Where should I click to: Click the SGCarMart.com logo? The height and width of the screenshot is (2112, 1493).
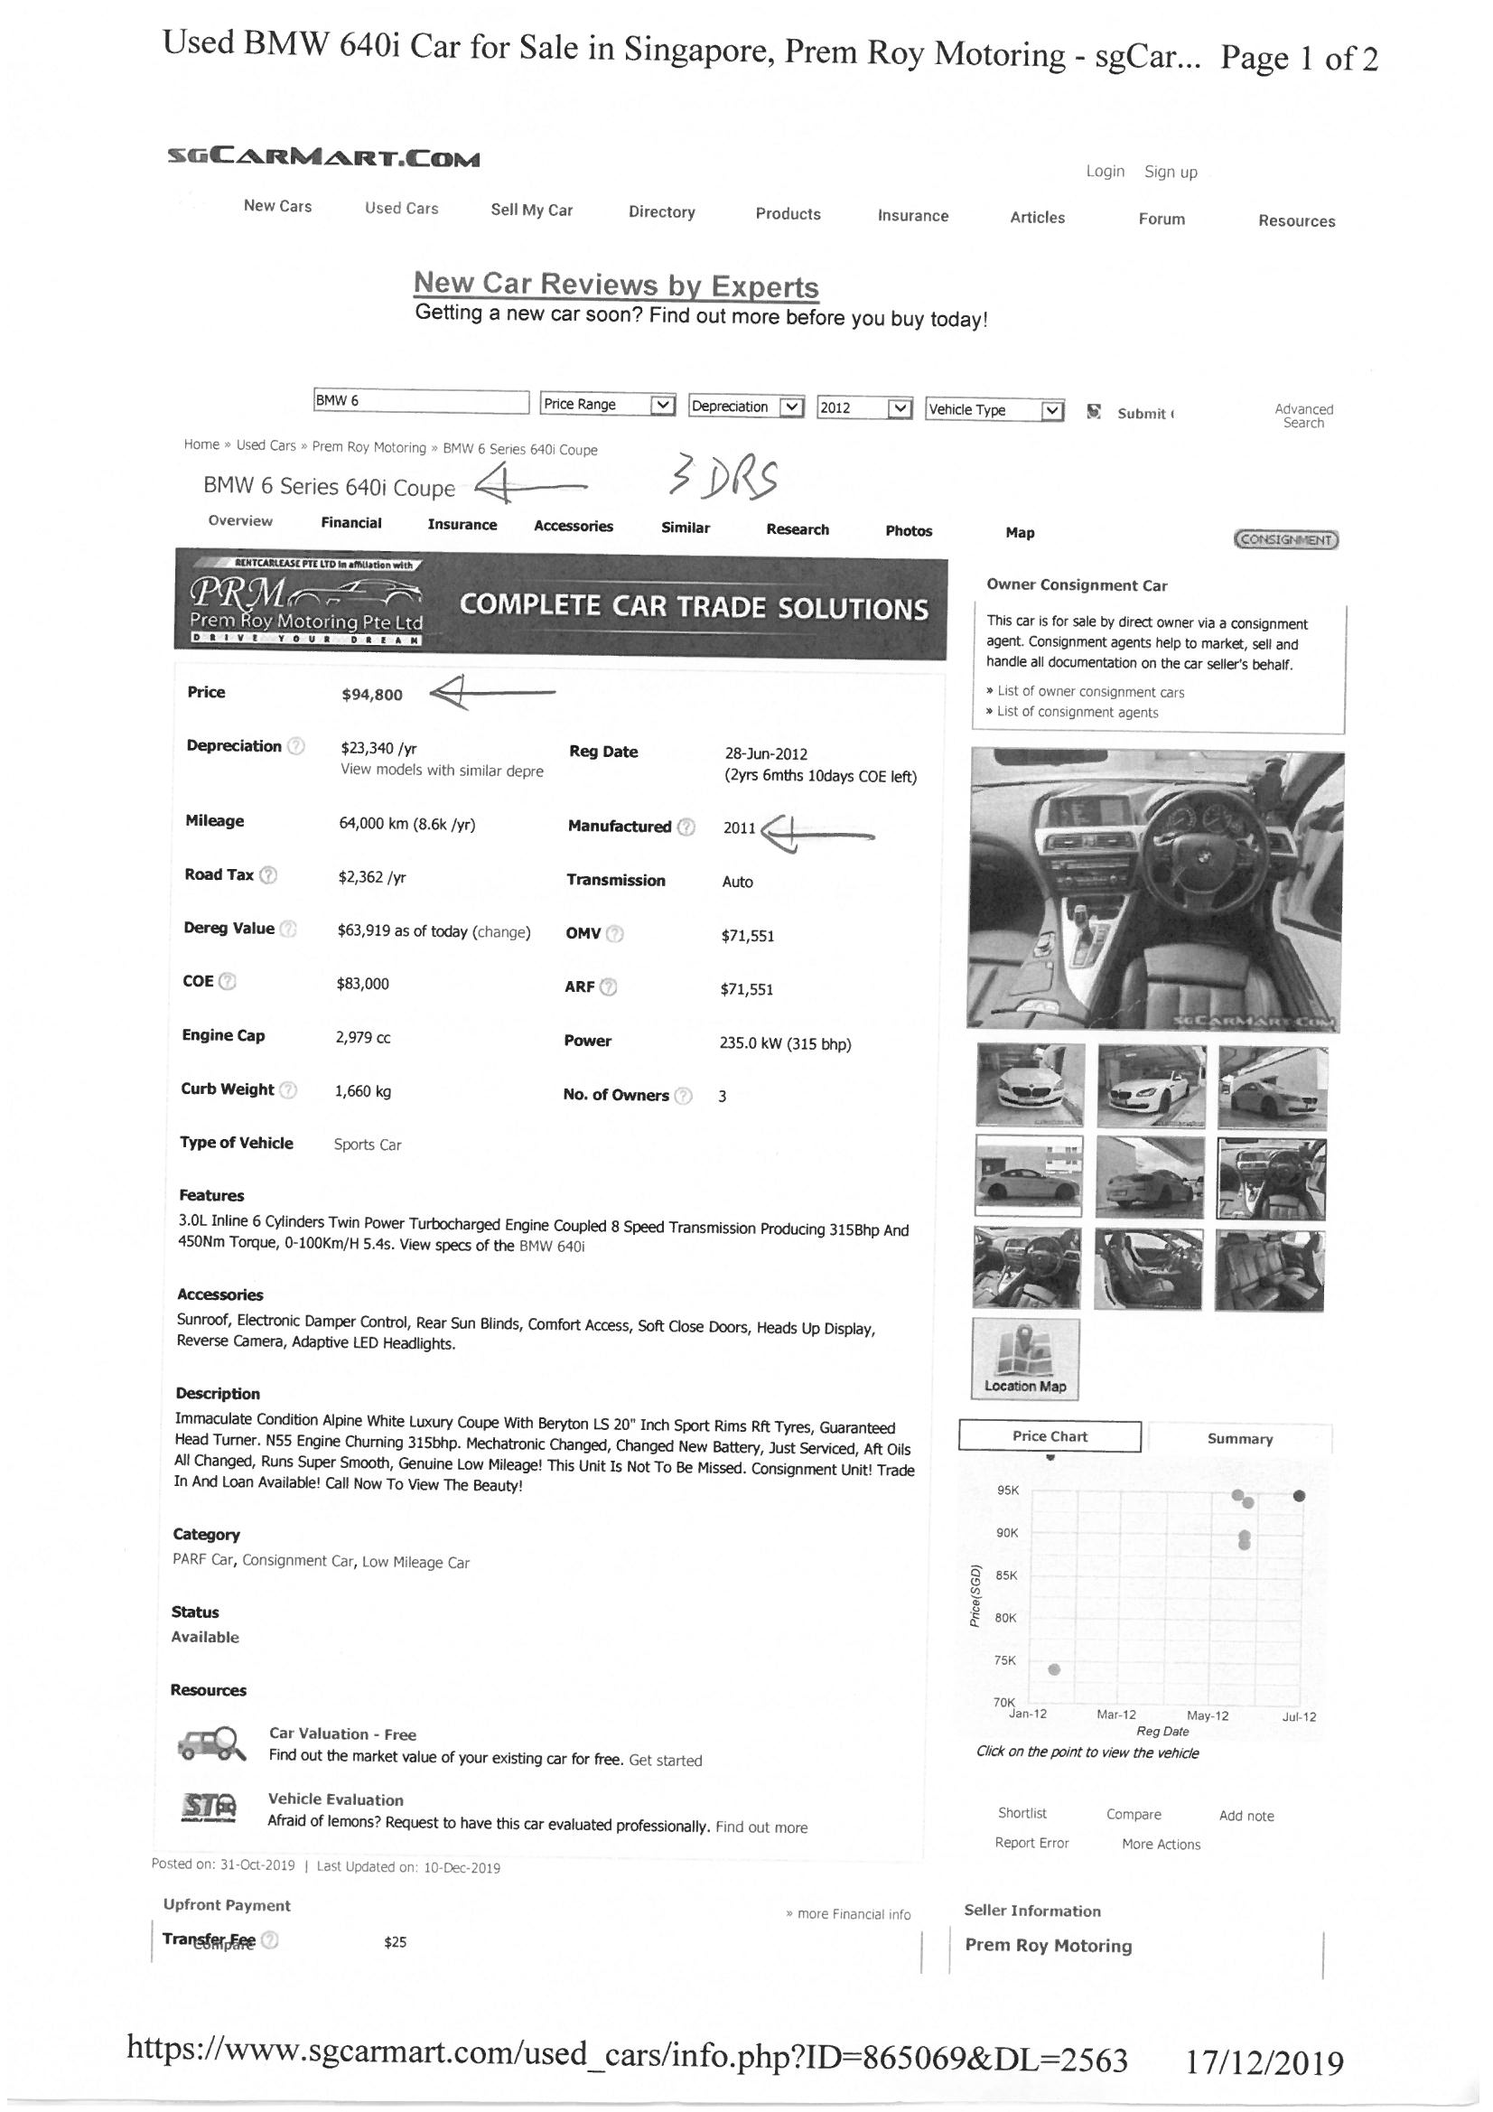click(322, 159)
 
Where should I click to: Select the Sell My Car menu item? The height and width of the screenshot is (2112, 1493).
click(531, 210)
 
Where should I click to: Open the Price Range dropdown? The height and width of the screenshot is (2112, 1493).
click(608, 405)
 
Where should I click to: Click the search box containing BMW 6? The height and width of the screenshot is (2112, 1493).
click(420, 402)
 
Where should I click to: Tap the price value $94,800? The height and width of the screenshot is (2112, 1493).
click(371, 695)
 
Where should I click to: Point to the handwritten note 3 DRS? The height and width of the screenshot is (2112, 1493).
click(724, 479)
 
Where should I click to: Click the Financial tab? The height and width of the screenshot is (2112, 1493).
click(350, 523)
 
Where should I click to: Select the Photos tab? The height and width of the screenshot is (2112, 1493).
click(908, 531)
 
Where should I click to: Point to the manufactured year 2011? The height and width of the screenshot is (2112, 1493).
click(739, 827)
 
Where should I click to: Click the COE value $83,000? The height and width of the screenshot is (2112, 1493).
click(362, 985)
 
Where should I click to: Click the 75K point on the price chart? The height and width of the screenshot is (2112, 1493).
click(1054, 1669)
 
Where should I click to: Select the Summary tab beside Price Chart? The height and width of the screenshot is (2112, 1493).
click(1239, 1439)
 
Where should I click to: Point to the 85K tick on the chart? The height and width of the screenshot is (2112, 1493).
click(1007, 1575)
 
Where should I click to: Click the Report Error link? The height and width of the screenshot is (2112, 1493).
click(1031, 1843)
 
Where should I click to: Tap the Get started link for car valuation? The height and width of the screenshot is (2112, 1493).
click(665, 1760)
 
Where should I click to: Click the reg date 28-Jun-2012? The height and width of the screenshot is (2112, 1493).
click(766, 754)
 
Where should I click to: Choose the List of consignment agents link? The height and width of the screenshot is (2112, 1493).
click(1078, 712)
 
